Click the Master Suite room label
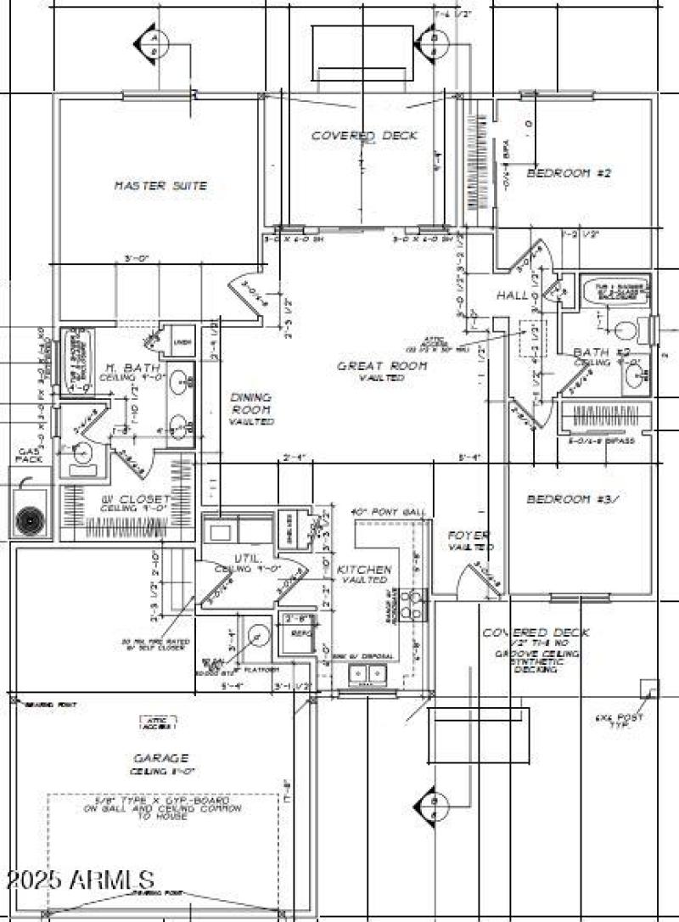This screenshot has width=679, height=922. (x=160, y=185)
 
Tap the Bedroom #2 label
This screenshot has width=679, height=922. (x=569, y=172)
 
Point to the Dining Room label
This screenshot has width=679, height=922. (x=250, y=408)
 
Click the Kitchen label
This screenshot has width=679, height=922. (x=364, y=569)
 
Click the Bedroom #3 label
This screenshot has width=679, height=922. (x=570, y=499)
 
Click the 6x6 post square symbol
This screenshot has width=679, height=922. (x=648, y=689)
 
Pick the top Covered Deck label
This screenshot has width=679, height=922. (x=364, y=136)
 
